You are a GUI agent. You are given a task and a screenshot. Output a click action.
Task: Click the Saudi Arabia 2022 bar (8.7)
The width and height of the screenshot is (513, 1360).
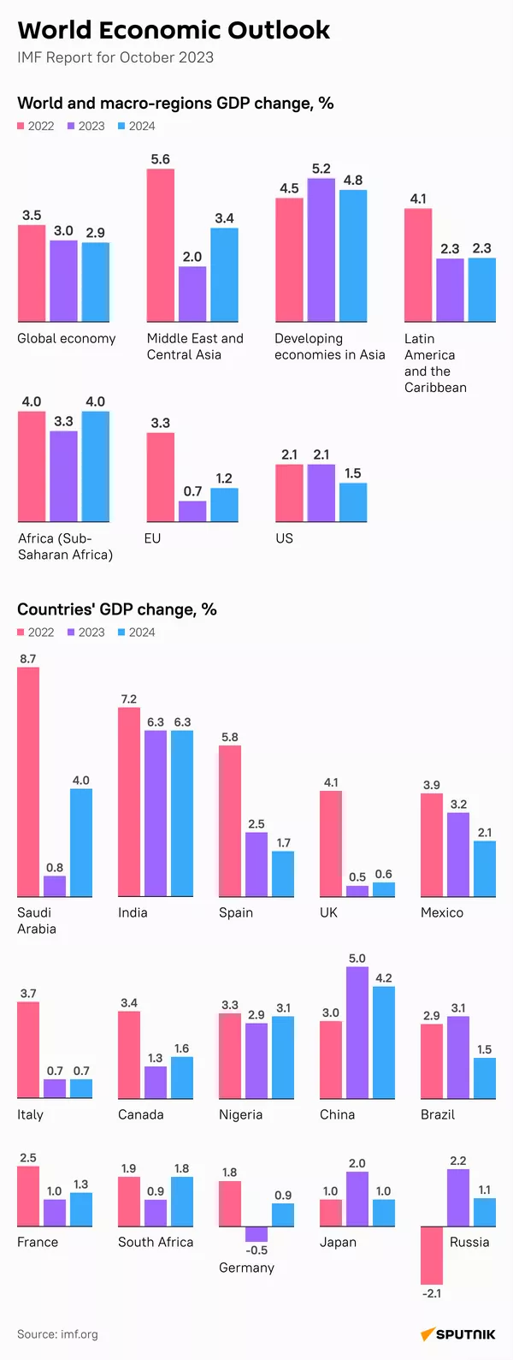point(28,781)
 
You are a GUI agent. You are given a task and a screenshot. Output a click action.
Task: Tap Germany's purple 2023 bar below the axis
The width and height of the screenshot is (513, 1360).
point(256,1234)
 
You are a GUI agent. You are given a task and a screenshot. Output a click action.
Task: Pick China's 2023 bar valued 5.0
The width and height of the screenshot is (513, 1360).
point(357,1032)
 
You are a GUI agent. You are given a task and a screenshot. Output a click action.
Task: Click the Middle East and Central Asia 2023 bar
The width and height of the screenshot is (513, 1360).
point(192,294)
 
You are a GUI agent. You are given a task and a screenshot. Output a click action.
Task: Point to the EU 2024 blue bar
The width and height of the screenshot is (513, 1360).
point(224,505)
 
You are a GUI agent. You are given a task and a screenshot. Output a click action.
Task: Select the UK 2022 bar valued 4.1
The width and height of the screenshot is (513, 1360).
point(331,843)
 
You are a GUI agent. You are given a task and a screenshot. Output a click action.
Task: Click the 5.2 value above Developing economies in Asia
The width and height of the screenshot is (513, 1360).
point(321,169)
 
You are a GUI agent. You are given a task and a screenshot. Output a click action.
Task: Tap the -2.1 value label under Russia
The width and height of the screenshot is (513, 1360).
point(432,1293)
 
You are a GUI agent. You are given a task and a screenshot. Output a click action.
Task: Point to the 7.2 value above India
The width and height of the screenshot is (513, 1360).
point(129,699)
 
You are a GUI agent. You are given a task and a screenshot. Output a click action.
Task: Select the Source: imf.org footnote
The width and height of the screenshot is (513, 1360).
point(57,1333)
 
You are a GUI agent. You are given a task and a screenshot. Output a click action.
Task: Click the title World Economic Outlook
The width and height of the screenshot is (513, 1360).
point(174,30)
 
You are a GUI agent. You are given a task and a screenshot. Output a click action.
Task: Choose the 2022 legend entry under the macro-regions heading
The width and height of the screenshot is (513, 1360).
point(36,126)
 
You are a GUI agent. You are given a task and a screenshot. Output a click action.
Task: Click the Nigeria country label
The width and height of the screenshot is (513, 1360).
point(240,1114)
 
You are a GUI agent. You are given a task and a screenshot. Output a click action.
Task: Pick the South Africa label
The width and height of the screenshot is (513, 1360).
point(156,1242)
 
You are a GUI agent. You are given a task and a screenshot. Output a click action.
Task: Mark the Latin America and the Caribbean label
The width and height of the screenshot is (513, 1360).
point(435,363)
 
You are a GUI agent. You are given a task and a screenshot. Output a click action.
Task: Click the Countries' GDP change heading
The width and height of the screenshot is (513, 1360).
point(117,609)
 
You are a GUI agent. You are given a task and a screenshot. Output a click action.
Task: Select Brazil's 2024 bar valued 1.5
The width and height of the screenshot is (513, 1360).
point(485,1078)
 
